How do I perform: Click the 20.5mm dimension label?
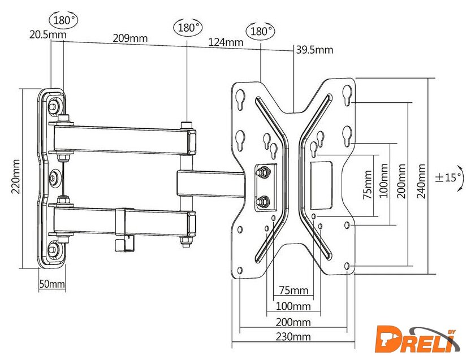tap(47, 35)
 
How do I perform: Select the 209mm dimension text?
tap(131, 38)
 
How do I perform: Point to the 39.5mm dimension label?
tap(314, 50)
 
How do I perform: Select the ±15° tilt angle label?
tap(449, 177)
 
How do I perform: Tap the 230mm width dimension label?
tap(294, 337)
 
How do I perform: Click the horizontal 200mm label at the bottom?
tap(294, 322)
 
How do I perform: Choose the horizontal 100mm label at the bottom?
tap(294, 307)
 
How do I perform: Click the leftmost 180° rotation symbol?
tap(64, 20)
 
